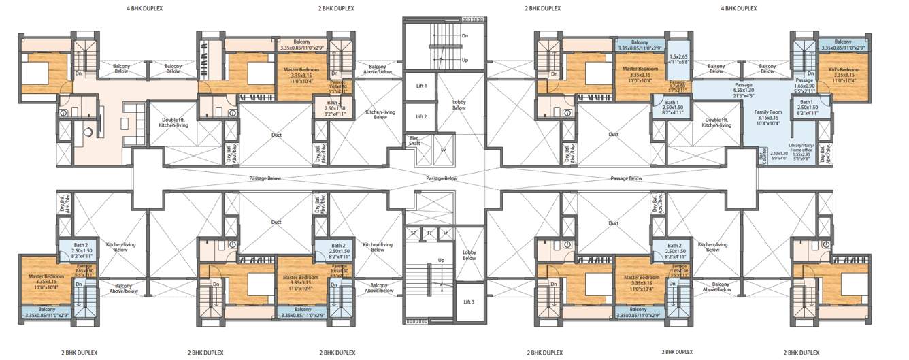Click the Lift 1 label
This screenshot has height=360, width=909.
(x=422, y=86)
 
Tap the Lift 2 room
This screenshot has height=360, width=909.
(x=422, y=117)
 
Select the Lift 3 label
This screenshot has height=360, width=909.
(x=469, y=301)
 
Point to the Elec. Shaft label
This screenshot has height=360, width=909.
(x=414, y=141)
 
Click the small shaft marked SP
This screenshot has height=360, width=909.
(x=413, y=232)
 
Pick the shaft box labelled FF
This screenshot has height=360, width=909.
(x=429, y=232)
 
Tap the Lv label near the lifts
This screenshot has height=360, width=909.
(x=444, y=149)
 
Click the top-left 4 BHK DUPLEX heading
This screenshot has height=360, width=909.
(x=145, y=8)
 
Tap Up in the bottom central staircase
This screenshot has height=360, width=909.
(x=441, y=261)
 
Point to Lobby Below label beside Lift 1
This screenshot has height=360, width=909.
(x=459, y=105)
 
